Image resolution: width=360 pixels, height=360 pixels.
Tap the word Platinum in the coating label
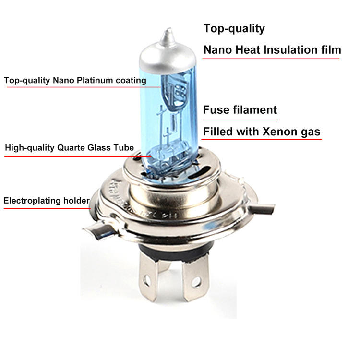coord(95,80)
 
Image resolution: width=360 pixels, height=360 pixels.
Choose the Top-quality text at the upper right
coord(234,29)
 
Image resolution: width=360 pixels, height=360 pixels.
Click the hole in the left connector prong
coord(146,279)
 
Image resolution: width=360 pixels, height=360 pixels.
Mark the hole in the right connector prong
coord(196,282)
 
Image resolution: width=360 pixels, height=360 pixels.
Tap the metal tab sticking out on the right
coord(264,208)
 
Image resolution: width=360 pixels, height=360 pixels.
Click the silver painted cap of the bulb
coord(168,57)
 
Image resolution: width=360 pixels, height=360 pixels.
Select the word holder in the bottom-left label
coord(76,201)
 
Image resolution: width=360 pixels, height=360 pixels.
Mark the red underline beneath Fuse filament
coord(240,120)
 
